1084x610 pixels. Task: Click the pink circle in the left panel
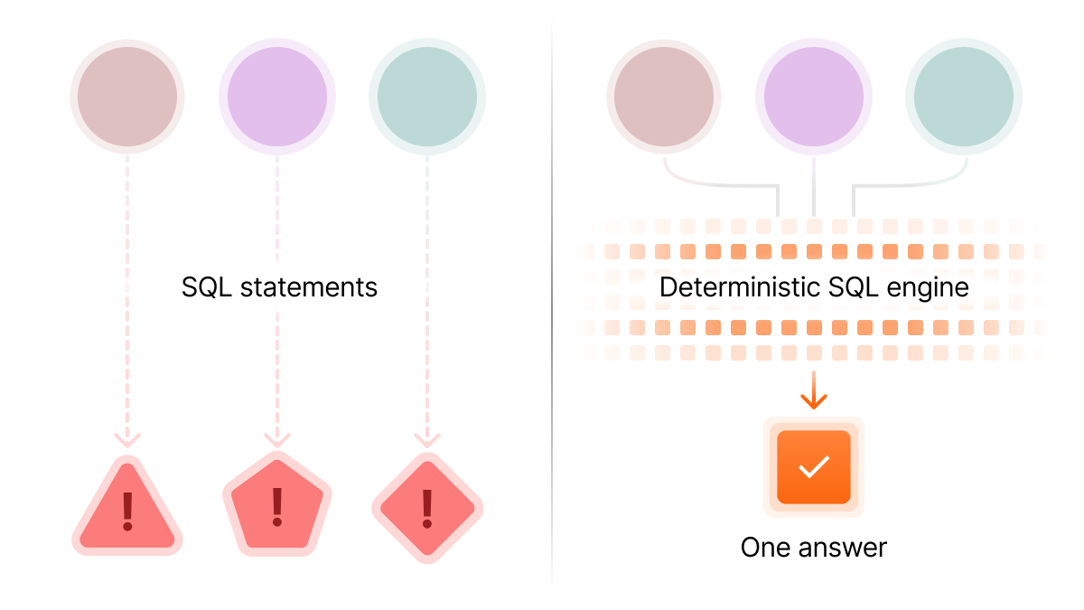(x=127, y=97)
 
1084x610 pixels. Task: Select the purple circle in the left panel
(x=277, y=97)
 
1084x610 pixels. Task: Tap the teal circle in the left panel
(x=427, y=97)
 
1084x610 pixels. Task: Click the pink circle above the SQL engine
(x=664, y=97)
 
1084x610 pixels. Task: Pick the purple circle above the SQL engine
(x=814, y=97)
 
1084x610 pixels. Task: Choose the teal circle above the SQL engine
(x=964, y=97)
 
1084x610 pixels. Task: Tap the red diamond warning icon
(x=427, y=508)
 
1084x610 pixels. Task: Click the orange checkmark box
(x=814, y=467)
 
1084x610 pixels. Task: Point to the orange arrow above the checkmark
(x=814, y=390)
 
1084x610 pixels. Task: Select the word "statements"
(x=309, y=287)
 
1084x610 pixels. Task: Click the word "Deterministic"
(x=740, y=287)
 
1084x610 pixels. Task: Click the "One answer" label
(x=814, y=548)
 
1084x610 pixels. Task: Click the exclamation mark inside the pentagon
(x=277, y=507)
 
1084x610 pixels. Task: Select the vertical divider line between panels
(x=552, y=305)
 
